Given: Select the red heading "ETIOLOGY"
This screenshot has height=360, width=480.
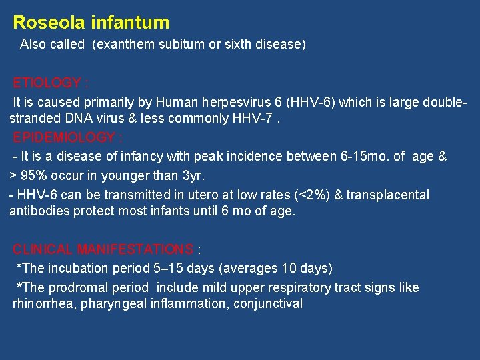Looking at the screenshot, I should coord(47,83).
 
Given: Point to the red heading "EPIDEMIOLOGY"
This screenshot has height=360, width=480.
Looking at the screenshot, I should coord(64,137).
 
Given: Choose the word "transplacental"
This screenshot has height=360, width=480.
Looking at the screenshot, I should coord(391,195).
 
